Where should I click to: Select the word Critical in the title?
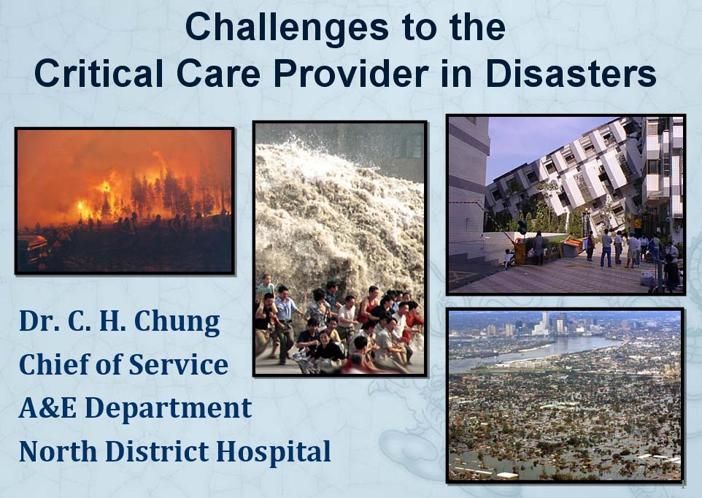click(99, 73)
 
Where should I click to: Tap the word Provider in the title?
click(351, 73)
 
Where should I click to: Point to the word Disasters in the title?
click(571, 73)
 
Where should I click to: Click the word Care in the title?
click(218, 73)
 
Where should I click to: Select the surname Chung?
click(177, 321)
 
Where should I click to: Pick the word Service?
click(179, 364)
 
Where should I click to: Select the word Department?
click(169, 408)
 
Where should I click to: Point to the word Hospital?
click(274, 451)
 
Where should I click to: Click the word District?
click(157, 451)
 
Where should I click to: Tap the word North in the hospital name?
click(58, 451)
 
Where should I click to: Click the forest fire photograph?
click(125, 201)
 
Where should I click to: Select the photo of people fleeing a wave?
click(340, 248)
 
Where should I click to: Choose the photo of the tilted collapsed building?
click(566, 204)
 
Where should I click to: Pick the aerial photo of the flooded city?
click(566, 396)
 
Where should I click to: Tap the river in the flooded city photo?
click(537, 349)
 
